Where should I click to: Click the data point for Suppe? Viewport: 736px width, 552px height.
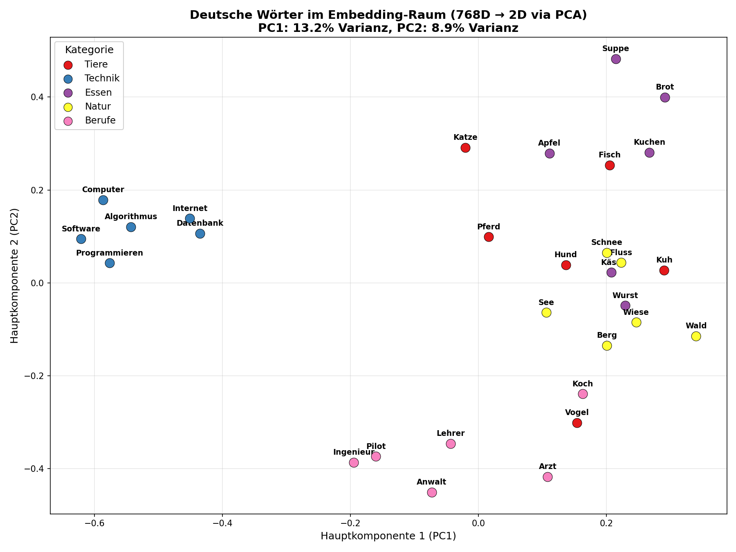tap(616, 59)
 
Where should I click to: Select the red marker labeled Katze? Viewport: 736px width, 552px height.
tap(465, 148)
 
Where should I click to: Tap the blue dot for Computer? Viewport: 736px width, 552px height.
tap(103, 200)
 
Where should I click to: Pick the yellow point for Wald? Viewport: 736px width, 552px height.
tap(696, 336)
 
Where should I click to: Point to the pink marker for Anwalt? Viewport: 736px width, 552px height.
tap(432, 492)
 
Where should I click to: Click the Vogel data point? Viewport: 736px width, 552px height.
tap(577, 423)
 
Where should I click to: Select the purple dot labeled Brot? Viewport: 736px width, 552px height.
tap(665, 97)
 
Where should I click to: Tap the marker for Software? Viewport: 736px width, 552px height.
tap(81, 239)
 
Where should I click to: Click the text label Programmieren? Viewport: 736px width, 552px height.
tap(110, 253)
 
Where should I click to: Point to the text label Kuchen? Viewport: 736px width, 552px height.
tap(649, 142)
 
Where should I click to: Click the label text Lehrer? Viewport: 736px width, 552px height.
tap(451, 433)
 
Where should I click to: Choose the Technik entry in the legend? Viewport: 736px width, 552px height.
tap(102, 78)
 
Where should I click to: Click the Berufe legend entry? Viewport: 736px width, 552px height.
tap(100, 120)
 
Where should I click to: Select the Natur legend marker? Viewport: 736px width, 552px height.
tap(68, 107)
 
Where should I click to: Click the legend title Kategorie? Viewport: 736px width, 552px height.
tap(89, 50)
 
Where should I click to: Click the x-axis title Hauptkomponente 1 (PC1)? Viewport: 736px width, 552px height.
tap(388, 536)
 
